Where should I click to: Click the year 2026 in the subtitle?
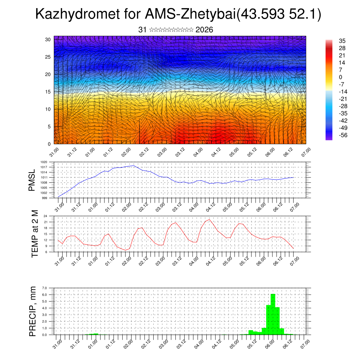[x=204, y=30]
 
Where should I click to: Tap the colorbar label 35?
[x=342, y=41]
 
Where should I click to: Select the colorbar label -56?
[x=342, y=135]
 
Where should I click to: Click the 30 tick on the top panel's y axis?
[x=48, y=39]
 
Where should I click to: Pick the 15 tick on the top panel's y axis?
[x=48, y=92]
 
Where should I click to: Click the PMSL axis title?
[x=32, y=180]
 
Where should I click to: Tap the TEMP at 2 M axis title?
[x=35, y=234]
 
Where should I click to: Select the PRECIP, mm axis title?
[x=33, y=311]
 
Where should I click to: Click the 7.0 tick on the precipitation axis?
[x=44, y=288]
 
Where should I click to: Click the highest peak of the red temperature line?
[x=210, y=219]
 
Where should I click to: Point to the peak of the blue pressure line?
[x=134, y=166]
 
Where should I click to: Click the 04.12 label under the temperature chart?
[x=210, y=261]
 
